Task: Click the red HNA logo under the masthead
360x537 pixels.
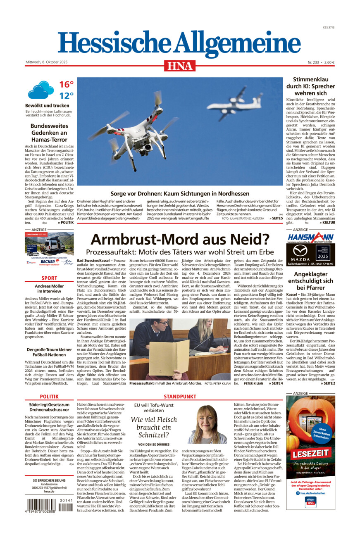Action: click(x=179, y=66)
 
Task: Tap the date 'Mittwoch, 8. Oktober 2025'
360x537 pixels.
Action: click(x=46, y=62)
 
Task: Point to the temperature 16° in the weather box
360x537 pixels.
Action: click(x=66, y=85)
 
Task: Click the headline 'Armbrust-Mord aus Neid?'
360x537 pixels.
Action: click(x=180, y=239)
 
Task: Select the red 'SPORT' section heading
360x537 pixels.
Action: click(x=49, y=278)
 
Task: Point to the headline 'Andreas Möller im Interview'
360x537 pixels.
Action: click(x=49, y=288)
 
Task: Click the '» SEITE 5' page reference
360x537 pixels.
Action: click(x=276, y=218)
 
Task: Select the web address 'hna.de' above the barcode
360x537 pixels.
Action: click(x=49, y=492)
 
